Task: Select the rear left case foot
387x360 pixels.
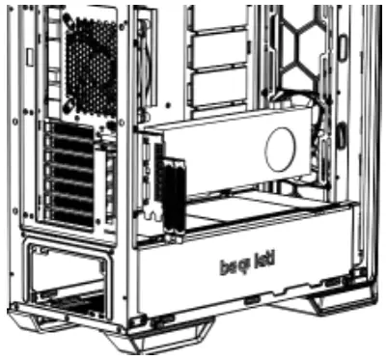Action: [x=39, y=318]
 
